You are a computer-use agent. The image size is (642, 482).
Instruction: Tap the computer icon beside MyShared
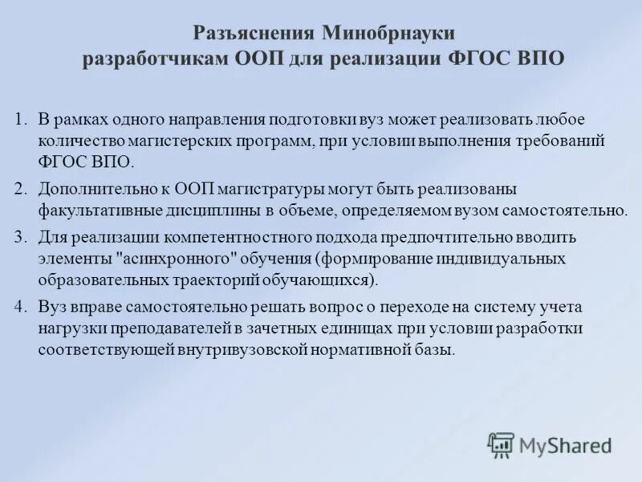pos(501,445)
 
